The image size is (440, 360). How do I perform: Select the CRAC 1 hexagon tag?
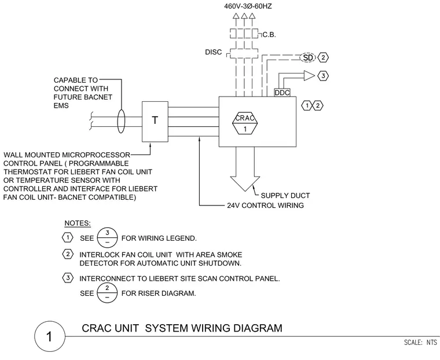point(245,123)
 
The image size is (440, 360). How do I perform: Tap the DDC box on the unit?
point(282,93)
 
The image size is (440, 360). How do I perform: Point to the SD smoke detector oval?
point(308,57)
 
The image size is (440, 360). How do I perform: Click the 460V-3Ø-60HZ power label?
point(248,6)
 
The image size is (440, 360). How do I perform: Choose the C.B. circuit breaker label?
point(269,35)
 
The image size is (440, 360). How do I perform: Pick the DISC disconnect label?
point(213,52)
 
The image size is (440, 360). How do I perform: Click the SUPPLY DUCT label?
point(285,196)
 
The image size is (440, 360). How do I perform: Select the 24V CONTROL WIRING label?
point(265,205)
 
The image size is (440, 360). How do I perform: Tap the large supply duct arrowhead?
point(245,183)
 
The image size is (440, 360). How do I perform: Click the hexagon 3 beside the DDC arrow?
point(323,76)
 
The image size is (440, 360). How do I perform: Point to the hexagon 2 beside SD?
point(323,57)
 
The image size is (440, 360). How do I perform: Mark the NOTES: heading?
point(78,223)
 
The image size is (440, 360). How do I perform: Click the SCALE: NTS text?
point(420,342)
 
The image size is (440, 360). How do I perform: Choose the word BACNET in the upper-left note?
point(97,97)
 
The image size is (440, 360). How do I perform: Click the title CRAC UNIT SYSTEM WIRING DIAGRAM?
point(182,328)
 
